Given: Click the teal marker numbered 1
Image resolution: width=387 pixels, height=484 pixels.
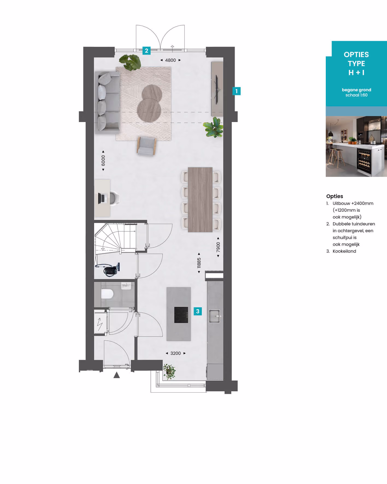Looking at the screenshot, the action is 237,91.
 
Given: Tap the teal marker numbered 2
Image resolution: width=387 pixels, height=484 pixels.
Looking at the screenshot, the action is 146,51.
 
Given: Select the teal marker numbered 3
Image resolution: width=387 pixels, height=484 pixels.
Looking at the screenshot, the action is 198,311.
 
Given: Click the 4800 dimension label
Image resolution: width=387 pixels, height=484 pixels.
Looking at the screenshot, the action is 170,60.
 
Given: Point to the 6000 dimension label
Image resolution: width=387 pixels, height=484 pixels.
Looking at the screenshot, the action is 103,161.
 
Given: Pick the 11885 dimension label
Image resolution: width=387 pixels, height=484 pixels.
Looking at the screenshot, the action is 199,263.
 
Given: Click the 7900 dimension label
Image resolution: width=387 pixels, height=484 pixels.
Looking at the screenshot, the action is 218,247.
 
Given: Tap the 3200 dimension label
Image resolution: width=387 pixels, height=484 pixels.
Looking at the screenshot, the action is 176,353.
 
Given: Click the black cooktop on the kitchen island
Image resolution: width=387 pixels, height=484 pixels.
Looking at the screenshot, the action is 181,315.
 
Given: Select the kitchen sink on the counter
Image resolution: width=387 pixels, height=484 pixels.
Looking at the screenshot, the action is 215,316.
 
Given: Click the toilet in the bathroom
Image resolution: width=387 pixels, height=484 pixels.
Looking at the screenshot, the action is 107,294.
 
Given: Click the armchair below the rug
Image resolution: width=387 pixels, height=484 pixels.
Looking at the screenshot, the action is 147,146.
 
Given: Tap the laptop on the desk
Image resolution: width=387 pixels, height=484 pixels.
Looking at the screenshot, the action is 102,198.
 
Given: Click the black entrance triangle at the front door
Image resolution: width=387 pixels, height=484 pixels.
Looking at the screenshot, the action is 117,375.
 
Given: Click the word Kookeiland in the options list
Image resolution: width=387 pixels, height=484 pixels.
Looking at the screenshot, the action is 344,251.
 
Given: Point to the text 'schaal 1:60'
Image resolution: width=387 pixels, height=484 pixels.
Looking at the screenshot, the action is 356,95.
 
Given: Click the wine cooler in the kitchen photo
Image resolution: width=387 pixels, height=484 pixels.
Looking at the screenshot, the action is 364,162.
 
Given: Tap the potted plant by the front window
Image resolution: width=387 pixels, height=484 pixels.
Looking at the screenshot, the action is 169,371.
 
